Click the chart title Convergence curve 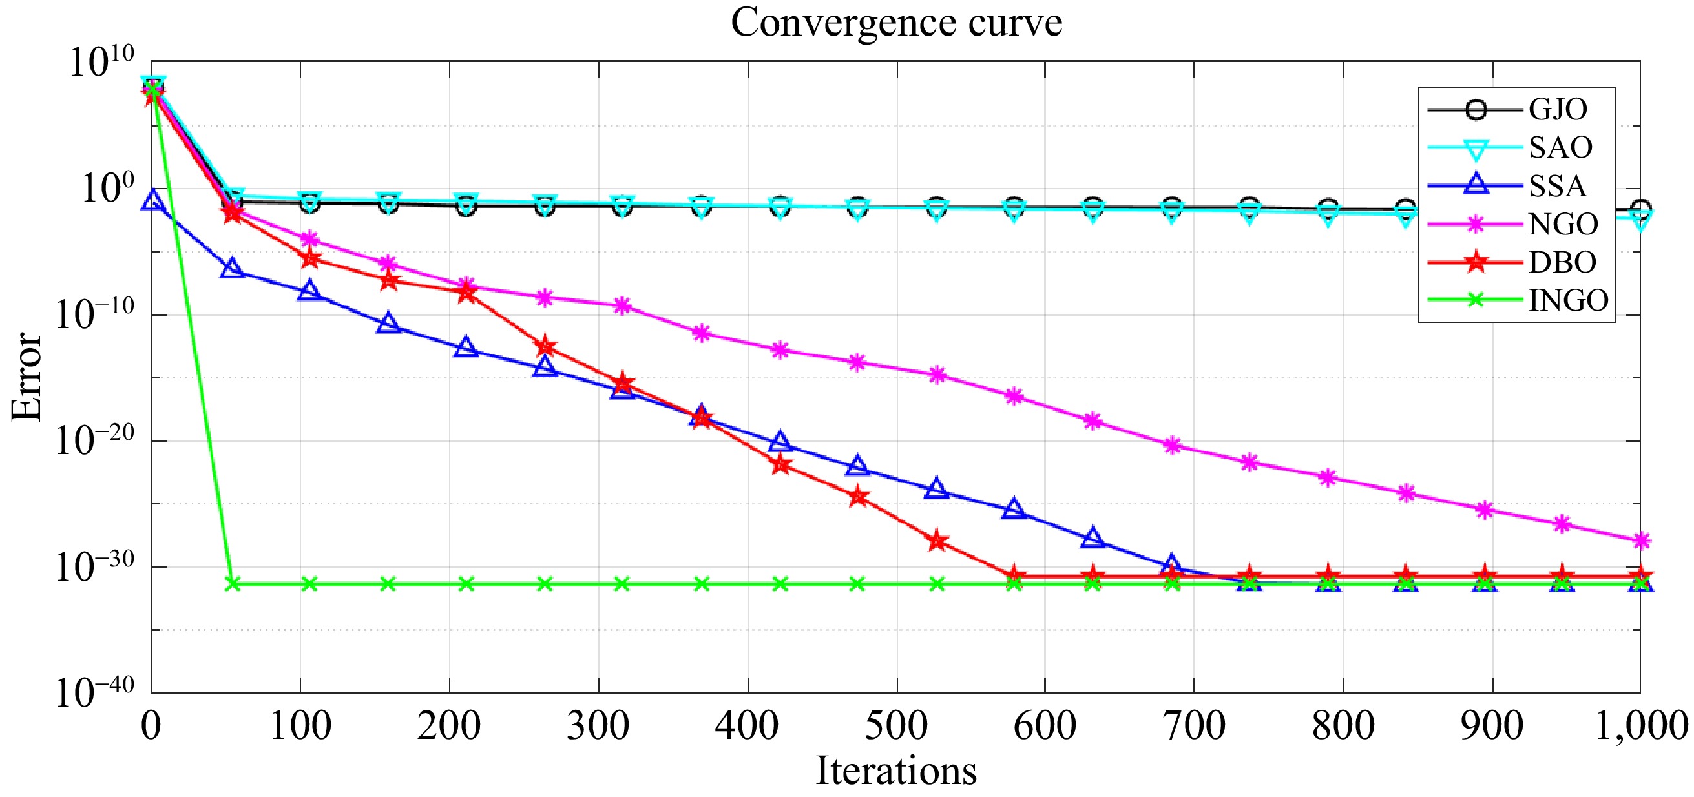pos(895,23)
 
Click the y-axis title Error pos(26,376)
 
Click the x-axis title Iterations pos(895,771)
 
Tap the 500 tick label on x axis pos(895,726)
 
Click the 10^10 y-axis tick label pos(101,62)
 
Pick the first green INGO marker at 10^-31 pos(232,584)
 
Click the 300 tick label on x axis pos(598,726)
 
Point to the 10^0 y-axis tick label pos(107,188)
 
